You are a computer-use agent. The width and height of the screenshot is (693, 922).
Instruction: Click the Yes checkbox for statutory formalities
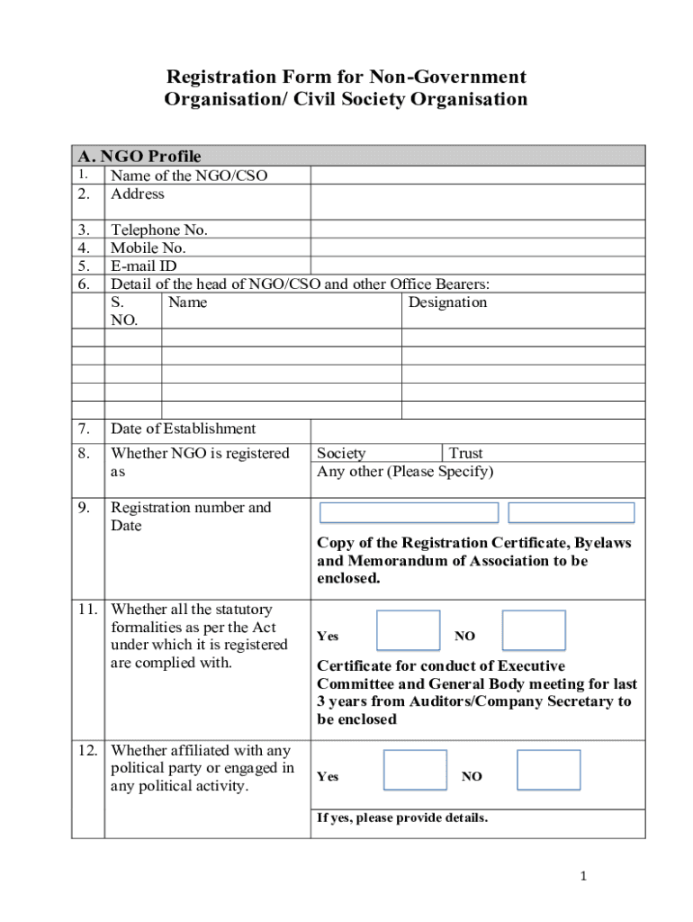[x=408, y=630]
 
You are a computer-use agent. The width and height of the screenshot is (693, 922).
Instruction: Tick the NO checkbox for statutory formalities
[x=534, y=630]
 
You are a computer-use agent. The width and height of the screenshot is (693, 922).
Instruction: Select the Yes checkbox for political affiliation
[x=415, y=770]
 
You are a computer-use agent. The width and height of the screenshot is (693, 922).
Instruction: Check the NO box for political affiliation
[x=549, y=770]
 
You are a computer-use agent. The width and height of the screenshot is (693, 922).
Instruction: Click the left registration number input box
[x=409, y=513]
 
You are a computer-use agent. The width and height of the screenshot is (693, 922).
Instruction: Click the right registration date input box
[x=571, y=513]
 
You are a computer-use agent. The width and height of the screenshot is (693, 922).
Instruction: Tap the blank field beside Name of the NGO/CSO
[x=477, y=176]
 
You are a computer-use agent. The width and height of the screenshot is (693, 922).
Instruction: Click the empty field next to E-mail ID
[x=477, y=266]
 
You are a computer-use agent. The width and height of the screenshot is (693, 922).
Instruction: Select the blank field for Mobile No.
[x=477, y=248]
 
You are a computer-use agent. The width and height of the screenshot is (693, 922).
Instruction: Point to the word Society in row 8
[x=341, y=454]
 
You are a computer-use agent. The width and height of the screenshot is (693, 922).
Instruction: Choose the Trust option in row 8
[x=466, y=454]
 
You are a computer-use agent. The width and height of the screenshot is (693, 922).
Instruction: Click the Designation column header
[x=447, y=303]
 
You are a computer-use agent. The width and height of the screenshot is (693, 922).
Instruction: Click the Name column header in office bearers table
[x=187, y=303]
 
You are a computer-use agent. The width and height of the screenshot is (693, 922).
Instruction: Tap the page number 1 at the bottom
[x=583, y=876]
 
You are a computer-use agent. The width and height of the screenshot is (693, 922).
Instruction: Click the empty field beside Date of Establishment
[x=477, y=429]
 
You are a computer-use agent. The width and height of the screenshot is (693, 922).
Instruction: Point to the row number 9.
[x=83, y=508]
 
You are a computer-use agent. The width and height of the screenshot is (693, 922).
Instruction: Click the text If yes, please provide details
[x=402, y=818]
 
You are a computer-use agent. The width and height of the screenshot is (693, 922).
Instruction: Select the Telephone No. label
[x=159, y=230]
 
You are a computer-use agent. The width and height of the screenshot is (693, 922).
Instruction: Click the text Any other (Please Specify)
[x=405, y=472]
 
